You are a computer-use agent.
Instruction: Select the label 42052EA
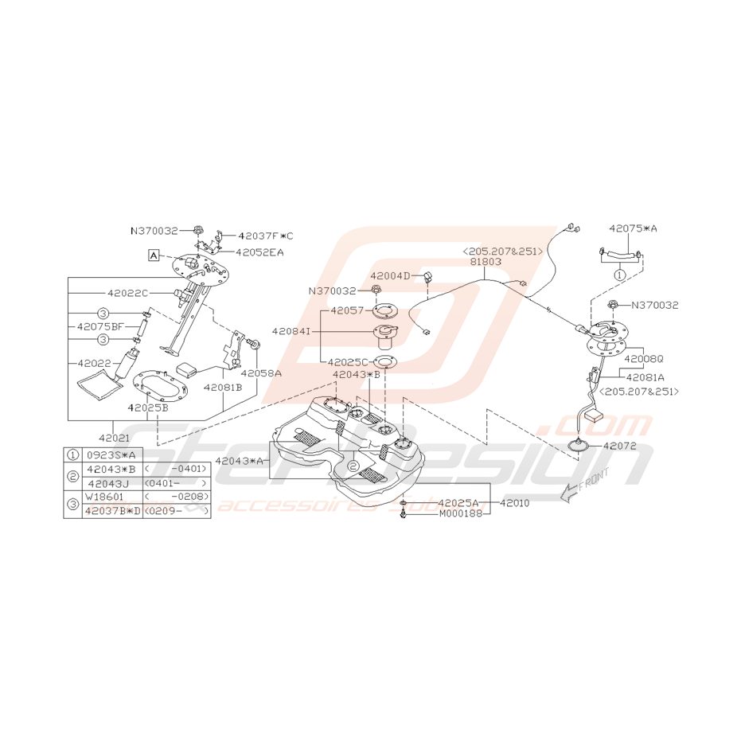tap(259, 252)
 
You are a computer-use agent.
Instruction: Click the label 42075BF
tap(100, 326)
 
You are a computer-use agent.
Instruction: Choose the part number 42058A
tap(260, 372)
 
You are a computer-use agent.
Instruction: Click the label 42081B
tap(222, 387)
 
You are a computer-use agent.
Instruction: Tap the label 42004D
tap(390, 275)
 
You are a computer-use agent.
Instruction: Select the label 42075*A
tap(634, 228)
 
